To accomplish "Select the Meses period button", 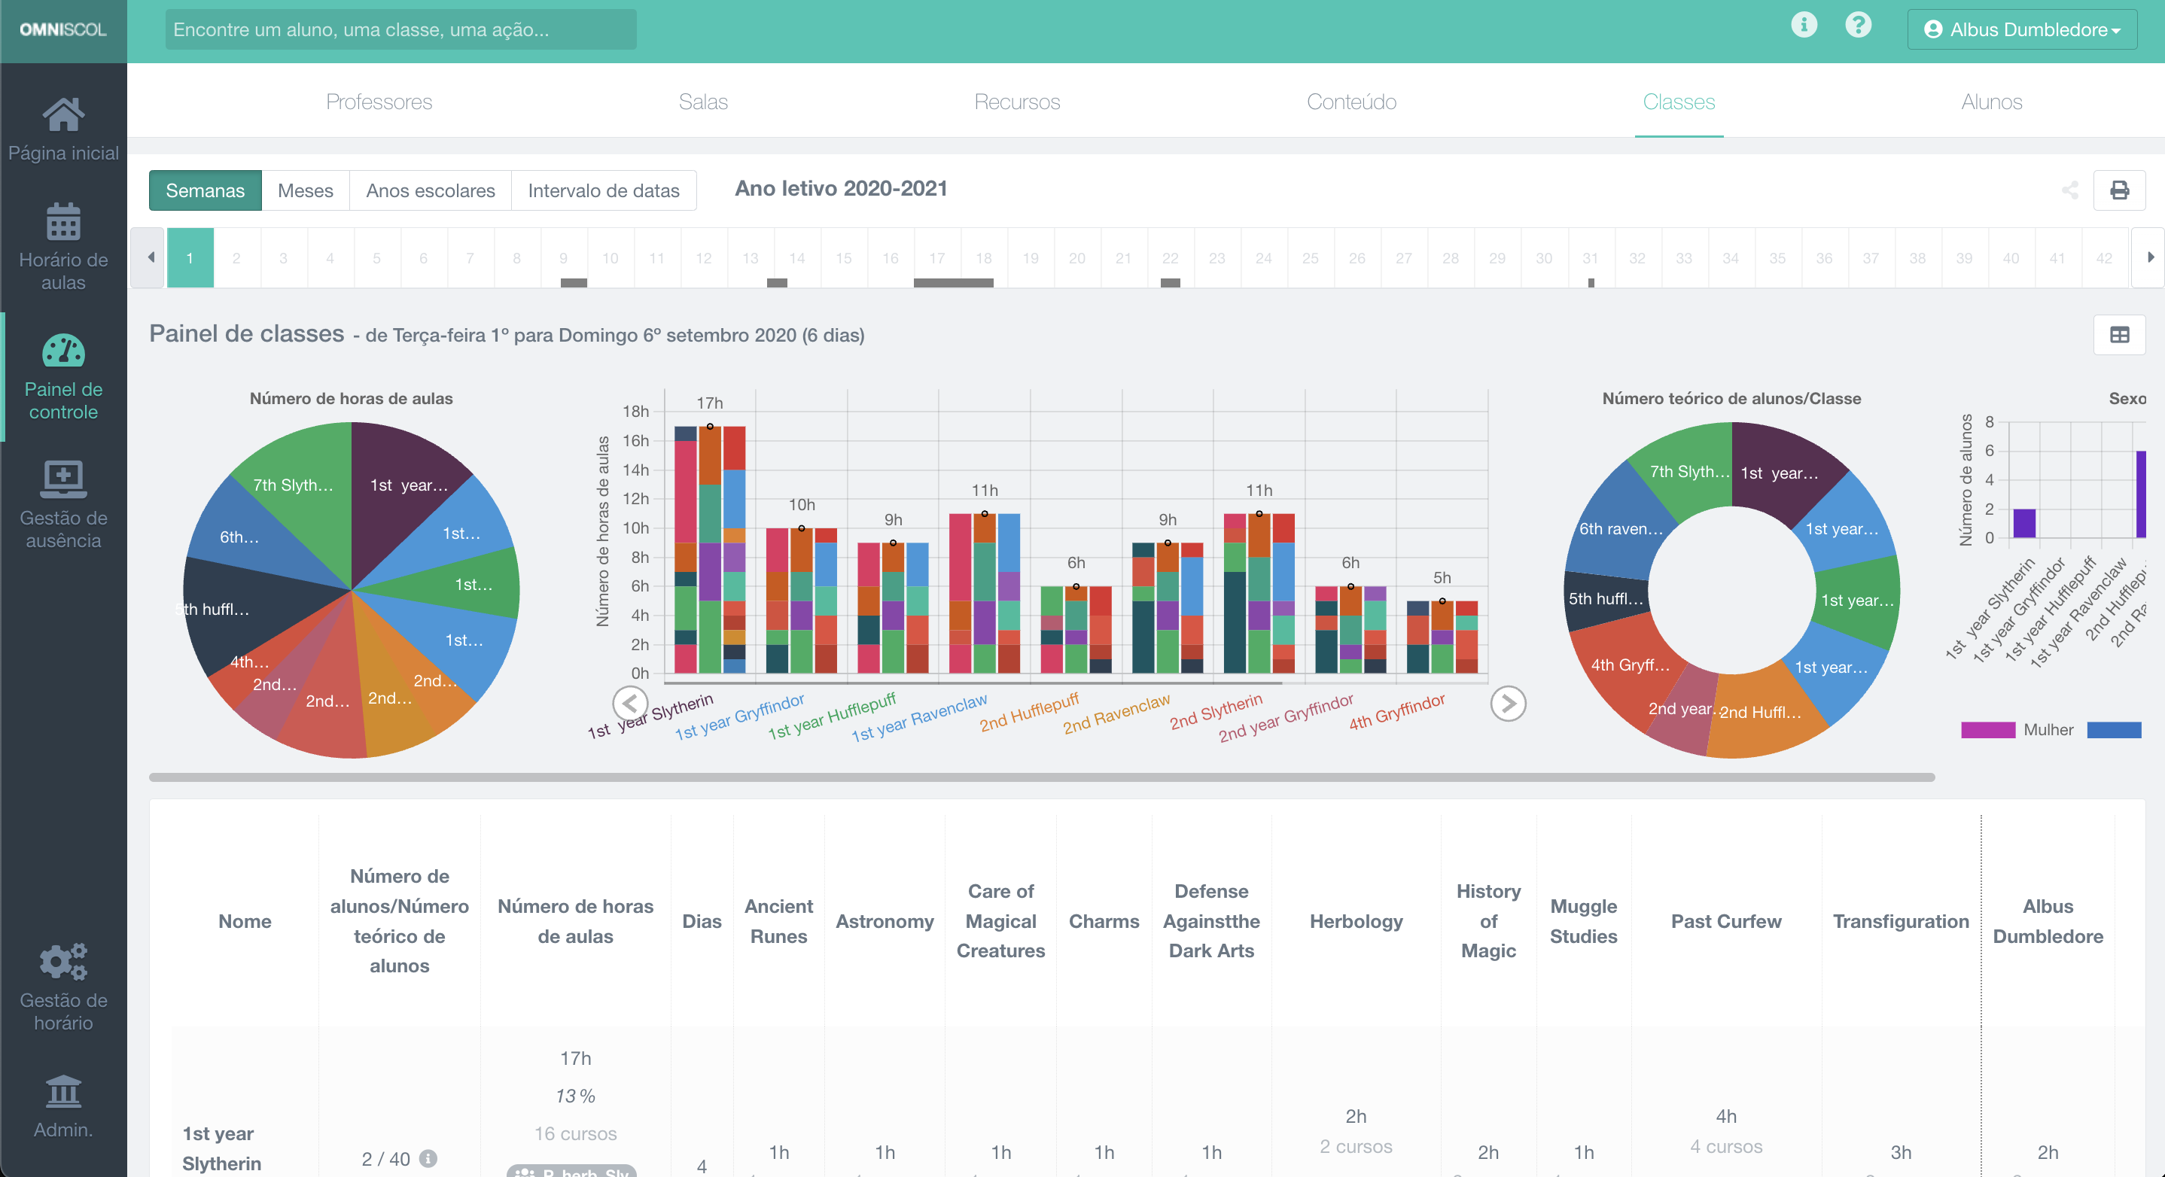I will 305,190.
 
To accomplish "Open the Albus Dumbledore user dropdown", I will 2021,30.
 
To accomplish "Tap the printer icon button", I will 2119,190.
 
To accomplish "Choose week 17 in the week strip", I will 936,258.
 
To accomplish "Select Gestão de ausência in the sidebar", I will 63,504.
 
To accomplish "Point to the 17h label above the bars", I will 709,403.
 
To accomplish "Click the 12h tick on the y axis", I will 635,499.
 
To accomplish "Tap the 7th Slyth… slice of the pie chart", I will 294,485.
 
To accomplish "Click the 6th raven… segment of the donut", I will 1619,528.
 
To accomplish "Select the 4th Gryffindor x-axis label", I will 1397,713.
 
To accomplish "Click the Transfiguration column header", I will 1900,921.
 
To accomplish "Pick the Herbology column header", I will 1356,921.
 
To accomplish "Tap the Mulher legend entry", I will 2048,729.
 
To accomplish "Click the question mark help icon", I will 1857,25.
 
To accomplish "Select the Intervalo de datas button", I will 603,190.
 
